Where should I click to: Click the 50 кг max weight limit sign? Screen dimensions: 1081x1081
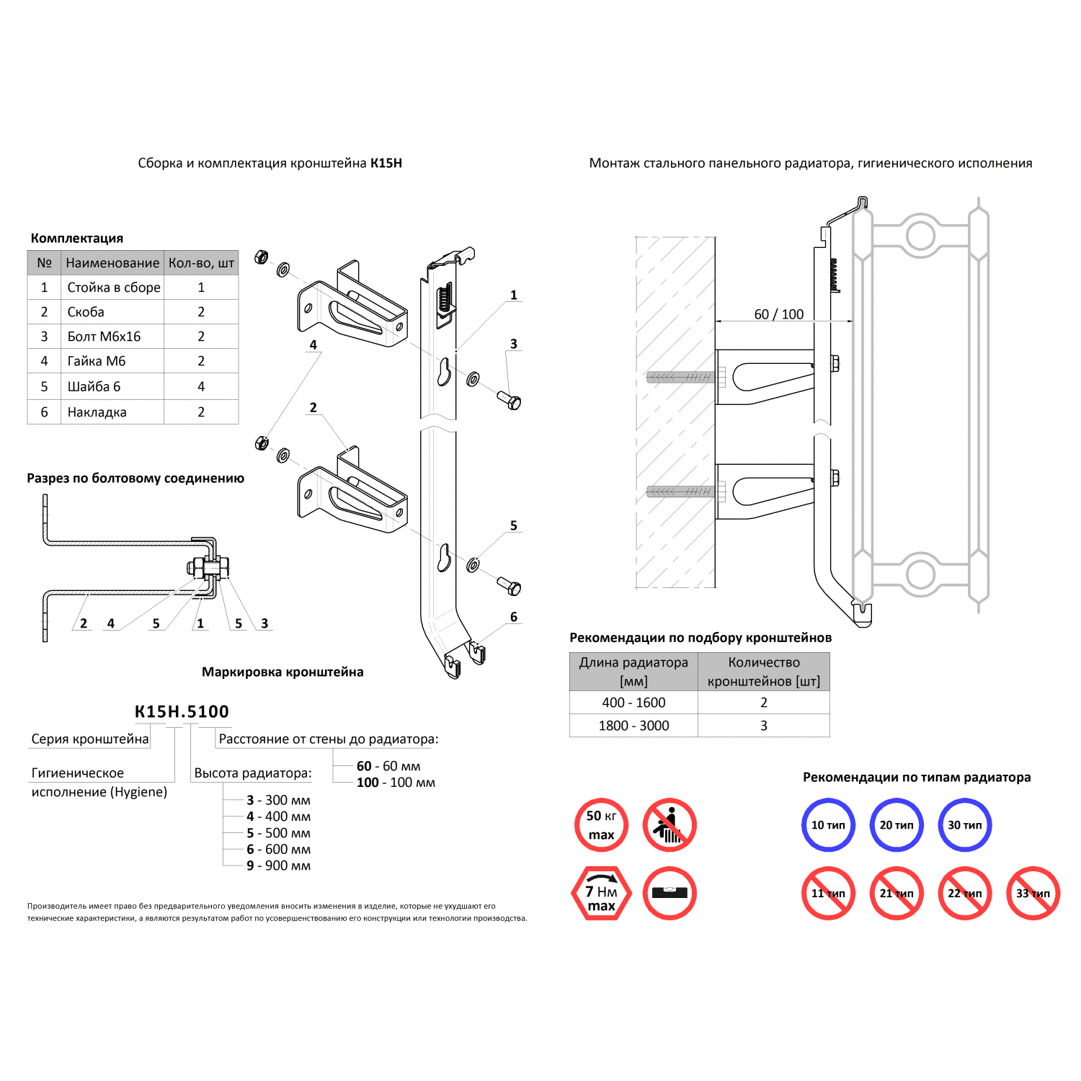point(601,825)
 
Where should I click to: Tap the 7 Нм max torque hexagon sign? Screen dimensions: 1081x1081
point(601,894)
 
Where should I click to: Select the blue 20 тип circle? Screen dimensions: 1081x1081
point(897,825)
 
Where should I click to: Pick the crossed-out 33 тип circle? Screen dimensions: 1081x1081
point(1033,894)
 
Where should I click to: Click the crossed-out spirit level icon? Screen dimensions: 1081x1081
point(669,894)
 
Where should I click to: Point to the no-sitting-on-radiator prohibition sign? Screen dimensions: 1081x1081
point(669,825)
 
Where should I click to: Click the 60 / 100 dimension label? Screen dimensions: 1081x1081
point(778,314)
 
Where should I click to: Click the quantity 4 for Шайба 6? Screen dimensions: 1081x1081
point(201,387)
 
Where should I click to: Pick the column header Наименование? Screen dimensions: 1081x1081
point(112,263)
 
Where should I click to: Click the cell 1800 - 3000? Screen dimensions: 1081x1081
point(633,726)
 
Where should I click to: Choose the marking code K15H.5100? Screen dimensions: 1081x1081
point(182,712)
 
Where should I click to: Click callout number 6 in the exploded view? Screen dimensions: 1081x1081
point(514,617)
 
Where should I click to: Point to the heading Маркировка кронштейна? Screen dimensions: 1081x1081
point(283,672)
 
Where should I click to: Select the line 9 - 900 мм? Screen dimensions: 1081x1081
point(278,866)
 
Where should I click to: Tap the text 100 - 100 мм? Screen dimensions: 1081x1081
point(396,783)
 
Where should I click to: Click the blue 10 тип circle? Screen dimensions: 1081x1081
point(828,825)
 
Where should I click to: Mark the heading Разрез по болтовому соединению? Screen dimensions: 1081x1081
point(135,479)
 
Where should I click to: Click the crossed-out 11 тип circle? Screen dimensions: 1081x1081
point(828,894)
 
